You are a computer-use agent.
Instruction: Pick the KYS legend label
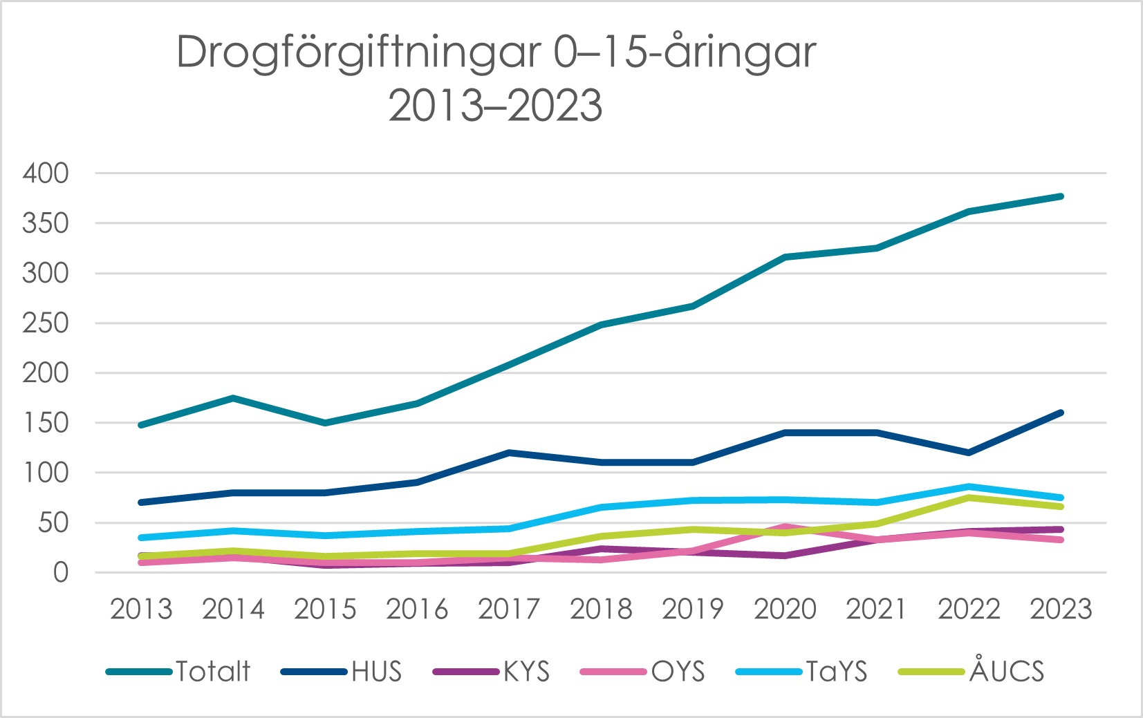(526, 672)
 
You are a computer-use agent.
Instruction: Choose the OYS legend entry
(678, 672)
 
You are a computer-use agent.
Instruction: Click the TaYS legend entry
(836, 672)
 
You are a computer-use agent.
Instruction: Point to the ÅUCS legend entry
(1006, 672)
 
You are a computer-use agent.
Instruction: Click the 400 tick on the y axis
(46, 173)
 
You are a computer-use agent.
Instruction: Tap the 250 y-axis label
(46, 323)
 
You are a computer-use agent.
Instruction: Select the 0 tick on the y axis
(61, 573)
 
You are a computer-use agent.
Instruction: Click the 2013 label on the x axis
(141, 610)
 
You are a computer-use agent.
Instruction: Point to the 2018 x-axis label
(601, 610)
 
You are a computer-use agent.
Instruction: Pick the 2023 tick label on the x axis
(1061, 610)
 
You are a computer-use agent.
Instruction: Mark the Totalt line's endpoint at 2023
(1061, 196)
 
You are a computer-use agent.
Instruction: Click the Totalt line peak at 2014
(233, 398)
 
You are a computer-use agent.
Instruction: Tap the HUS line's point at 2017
(509, 453)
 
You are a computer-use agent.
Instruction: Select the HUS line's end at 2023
(1061, 413)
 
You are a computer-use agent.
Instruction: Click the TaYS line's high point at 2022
(969, 486)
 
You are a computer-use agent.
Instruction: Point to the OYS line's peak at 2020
(785, 527)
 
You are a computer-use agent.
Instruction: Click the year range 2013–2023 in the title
(495, 106)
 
